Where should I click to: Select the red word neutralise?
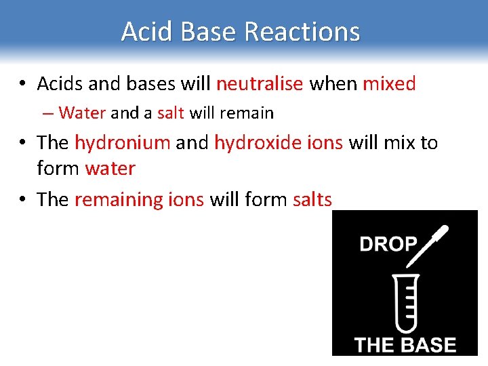260,84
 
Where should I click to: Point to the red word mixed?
389,84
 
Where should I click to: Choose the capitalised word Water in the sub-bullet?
82,113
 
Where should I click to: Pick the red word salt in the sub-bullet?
170,113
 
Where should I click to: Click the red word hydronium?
122,143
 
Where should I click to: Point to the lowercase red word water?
110,168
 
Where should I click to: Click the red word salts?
312,200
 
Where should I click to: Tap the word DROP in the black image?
388,244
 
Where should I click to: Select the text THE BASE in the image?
405,344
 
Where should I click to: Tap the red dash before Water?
50,113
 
